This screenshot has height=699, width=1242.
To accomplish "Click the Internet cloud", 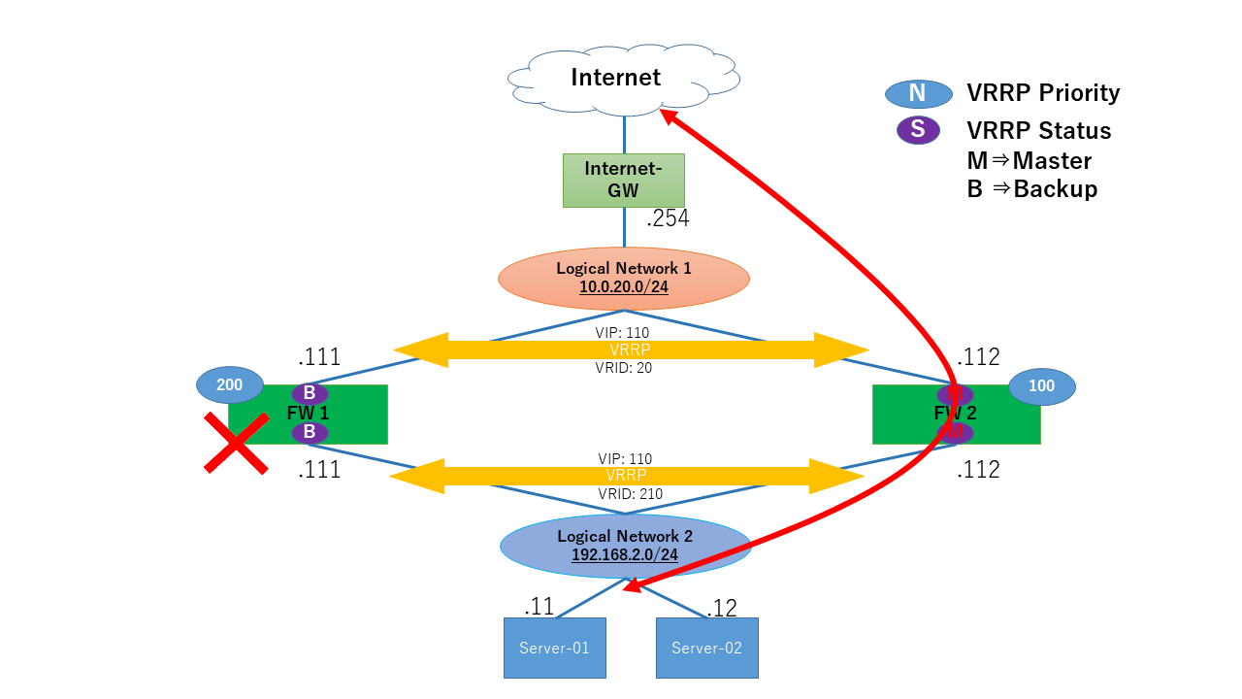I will click(x=615, y=78).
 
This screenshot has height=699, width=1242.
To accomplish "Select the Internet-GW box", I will click(x=623, y=180).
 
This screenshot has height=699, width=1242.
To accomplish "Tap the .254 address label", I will click(x=668, y=219).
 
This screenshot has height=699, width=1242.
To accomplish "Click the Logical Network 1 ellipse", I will click(x=624, y=278).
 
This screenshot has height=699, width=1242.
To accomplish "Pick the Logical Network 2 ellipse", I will click(x=625, y=546).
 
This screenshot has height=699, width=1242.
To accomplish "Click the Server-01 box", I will click(x=554, y=648).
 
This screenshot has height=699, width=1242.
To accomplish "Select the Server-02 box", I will click(x=706, y=648).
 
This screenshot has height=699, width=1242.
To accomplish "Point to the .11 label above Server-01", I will click(x=539, y=607).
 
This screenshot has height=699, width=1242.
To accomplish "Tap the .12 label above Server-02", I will click(x=722, y=608).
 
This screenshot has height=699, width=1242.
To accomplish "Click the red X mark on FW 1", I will click(x=236, y=444).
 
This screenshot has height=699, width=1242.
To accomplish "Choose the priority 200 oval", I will click(x=229, y=385).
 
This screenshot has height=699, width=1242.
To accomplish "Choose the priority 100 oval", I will click(x=1042, y=386).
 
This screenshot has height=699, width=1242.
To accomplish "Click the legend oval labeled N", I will click(x=918, y=93).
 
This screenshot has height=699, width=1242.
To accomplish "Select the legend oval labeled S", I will click(x=918, y=130).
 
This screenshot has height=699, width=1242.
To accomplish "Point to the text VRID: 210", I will click(x=630, y=494).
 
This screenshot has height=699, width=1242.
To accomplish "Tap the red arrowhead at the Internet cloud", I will click(x=669, y=117).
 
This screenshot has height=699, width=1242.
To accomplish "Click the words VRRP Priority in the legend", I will click(x=1043, y=93).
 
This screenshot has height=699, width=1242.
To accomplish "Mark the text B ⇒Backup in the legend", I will click(x=1031, y=189).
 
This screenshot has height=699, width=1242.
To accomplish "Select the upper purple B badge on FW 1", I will click(x=310, y=393).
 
